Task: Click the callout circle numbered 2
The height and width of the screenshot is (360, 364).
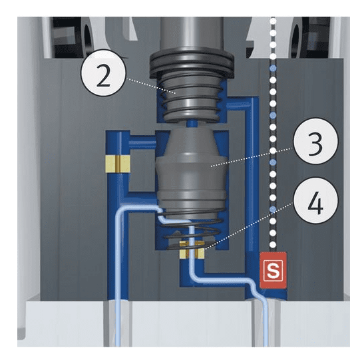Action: coord(103,73)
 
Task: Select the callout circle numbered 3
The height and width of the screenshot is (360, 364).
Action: coord(315,141)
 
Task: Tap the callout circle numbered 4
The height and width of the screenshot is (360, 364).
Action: coord(315,200)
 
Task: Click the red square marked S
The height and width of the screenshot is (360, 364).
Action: coord(273,270)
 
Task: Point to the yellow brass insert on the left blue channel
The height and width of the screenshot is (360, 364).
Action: coord(118,164)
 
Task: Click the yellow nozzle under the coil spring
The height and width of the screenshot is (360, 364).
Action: coord(192,250)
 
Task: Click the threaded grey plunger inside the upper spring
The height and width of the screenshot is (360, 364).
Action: coord(192,97)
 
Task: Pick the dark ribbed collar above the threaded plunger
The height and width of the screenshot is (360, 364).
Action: coord(192,62)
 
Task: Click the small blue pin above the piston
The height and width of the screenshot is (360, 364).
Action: coord(192,123)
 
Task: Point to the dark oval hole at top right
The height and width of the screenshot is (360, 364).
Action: coord(295,40)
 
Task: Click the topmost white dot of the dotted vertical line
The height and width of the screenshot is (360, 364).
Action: coord(273,21)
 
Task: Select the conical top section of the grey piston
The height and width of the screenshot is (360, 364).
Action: coord(192,142)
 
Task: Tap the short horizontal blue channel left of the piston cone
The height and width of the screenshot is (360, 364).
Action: coord(142,141)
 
